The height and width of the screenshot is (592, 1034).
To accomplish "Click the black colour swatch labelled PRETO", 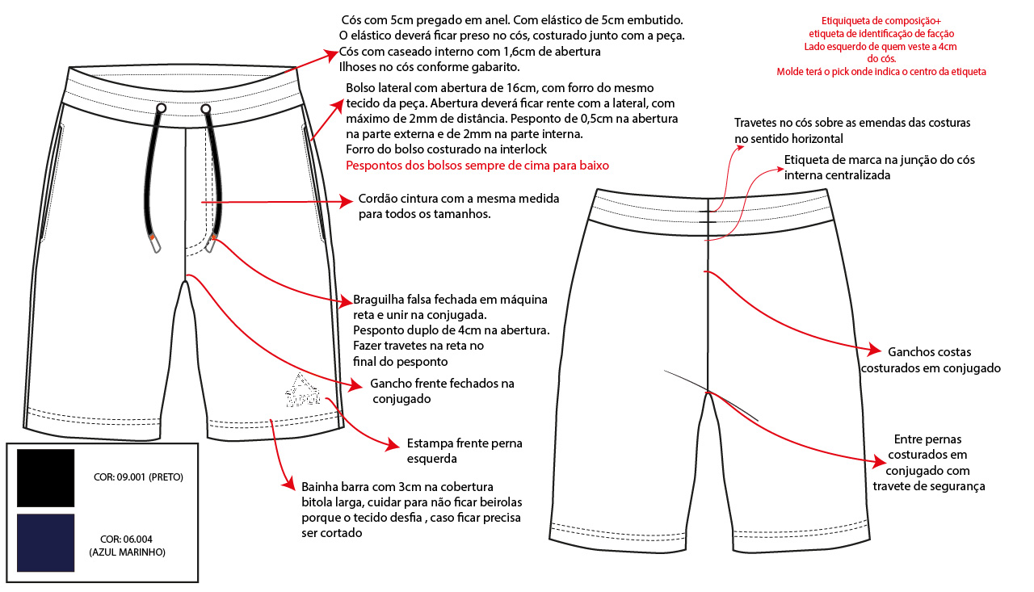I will pyautogui.click(x=45, y=478).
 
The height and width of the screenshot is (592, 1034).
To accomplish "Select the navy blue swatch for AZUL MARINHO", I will pyautogui.click(x=45, y=543).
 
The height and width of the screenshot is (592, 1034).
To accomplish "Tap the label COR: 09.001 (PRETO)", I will pyautogui.click(x=138, y=477).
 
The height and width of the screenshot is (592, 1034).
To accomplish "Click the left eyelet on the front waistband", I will pyautogui.click(x=162, y=107).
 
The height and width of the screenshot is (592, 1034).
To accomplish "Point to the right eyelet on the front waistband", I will pyautogui.click(x=206, y=107).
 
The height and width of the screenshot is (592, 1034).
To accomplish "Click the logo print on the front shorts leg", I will pyautogui.click(x=302, y=390).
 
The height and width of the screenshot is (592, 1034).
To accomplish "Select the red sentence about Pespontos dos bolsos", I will pyautogui.click(x=477, y=165).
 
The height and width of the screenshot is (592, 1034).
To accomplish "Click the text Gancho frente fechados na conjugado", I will pyautogui.click(x=441, y=391).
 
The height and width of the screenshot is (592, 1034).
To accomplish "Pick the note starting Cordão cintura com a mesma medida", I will pyautogui.click(x=458, y=206).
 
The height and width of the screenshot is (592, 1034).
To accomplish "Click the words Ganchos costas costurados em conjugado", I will pyautogui.click(x=931, y=360).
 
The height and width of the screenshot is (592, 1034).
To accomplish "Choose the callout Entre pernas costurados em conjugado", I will pyautogui.click(x=929, y=463).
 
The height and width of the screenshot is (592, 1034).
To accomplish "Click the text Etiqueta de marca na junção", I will pyautogui.click(x=879, y=167).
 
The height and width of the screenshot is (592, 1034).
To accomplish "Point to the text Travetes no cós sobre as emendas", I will pyautogui.click(x=851, y=131).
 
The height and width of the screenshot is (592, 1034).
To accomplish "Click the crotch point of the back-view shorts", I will pyautogui.click(x=708, y=393).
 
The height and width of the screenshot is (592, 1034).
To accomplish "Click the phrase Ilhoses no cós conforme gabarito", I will pyautogui.click(x=429, y=67).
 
